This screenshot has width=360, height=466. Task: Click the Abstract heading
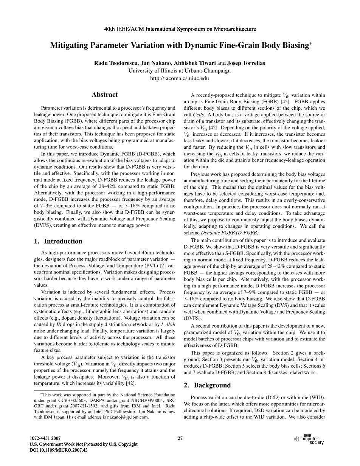click(104, 95)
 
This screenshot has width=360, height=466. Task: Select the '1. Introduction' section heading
click(58, 241)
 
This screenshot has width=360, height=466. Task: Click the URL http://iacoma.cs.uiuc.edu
click(180, 78)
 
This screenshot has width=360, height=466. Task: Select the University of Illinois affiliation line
click(180, 71)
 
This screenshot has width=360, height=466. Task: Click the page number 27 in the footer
click(180, 438)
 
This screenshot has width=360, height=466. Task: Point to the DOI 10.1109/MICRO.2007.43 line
click(58, 450)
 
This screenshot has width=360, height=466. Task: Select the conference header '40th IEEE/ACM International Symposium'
click(180, 29)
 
